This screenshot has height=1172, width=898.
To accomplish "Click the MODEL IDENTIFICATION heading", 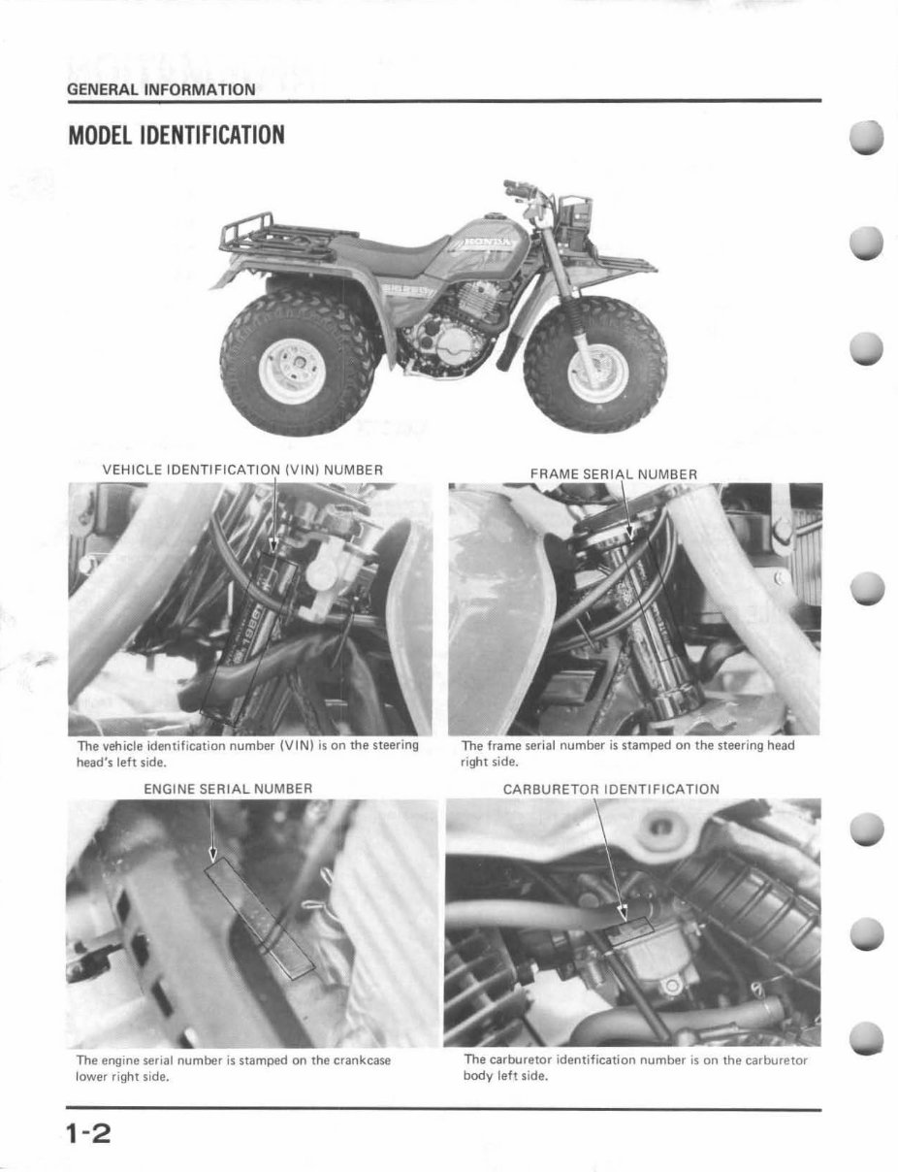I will pyautogui.click(x=176, y=135).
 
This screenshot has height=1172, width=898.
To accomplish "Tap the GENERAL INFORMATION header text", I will pyautogui.click(x=161, y=89).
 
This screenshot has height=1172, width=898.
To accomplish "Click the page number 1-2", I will pyautogui.click(x=89, y=1132).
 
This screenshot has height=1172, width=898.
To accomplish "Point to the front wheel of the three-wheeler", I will pyautogui.click(x=594, y=367).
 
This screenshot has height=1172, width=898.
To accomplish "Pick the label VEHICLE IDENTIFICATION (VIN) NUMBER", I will pyautogui.click(x=242, y=470).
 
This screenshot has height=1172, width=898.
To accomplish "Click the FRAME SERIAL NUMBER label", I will pyautogui.click(x=613, y=473).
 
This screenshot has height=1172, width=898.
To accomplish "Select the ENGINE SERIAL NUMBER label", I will pyautogui.click(x=228, y=789).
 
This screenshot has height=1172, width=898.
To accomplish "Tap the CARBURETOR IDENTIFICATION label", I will pyautogui.click(x=611, y=789).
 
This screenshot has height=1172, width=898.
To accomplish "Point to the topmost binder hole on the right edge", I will pyautogui.click(x=867, y=139).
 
